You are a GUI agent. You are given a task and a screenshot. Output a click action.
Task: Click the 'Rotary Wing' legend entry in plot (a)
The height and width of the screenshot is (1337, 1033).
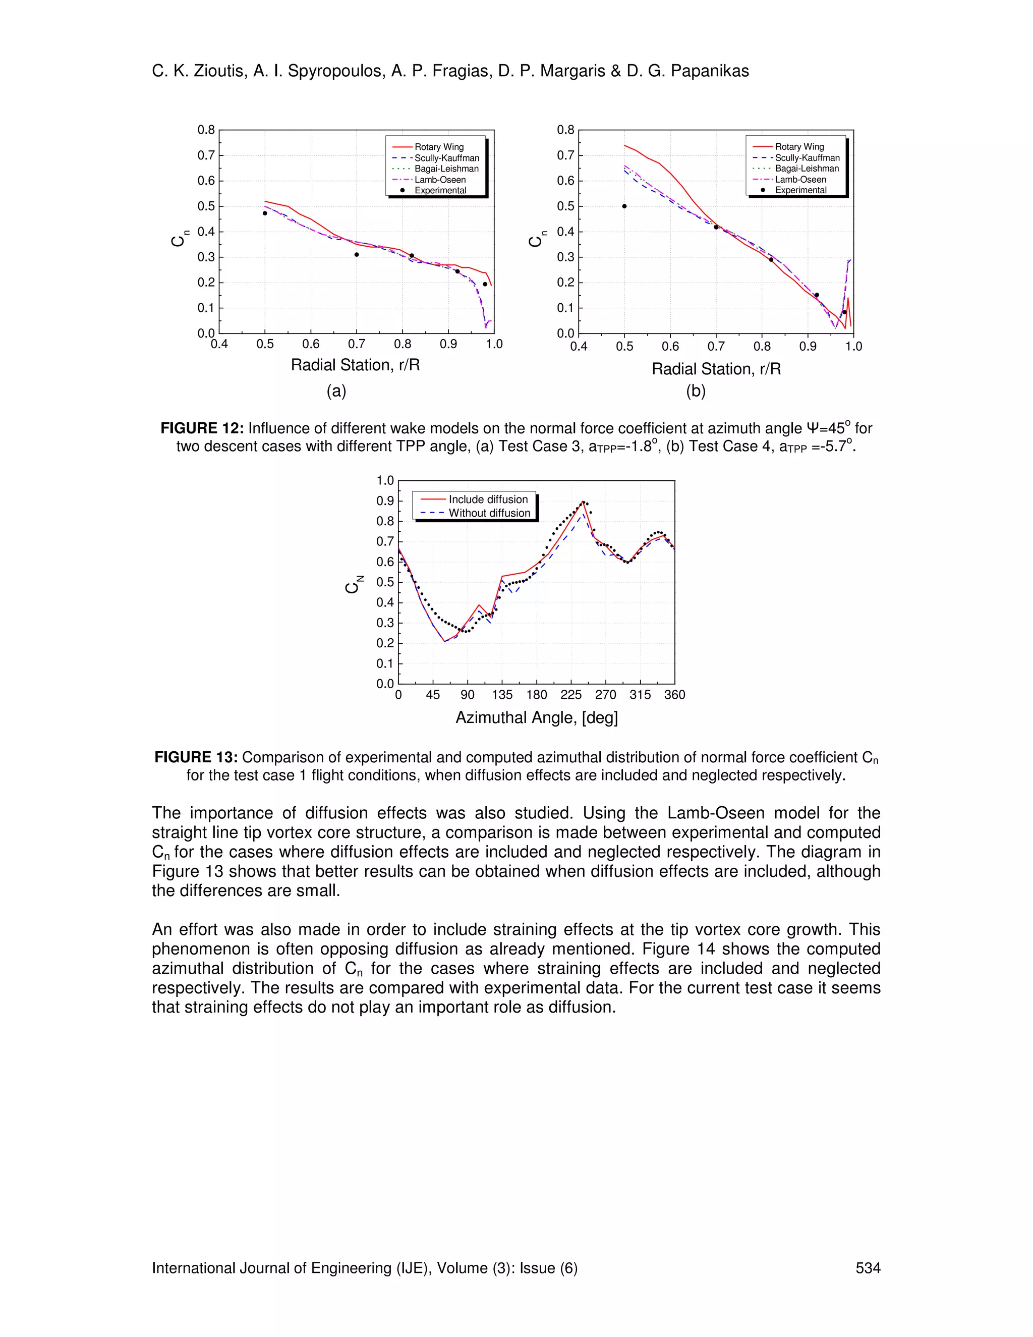click(439, 147)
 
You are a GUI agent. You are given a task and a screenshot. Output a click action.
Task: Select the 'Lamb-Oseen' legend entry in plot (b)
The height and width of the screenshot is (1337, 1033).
click(800, 180)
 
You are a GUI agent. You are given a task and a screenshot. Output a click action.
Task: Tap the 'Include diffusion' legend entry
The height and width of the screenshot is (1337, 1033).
click(488, 499)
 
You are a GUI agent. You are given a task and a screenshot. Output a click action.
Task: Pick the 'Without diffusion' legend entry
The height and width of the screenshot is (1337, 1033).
click(489, 513)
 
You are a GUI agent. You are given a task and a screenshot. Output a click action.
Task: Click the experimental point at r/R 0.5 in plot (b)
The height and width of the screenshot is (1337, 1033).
click(624, 206)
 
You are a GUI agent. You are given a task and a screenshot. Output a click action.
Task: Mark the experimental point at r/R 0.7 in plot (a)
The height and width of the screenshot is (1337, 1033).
click(356, 255)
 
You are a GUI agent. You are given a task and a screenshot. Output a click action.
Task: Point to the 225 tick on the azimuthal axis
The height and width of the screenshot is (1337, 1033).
click(571, 695)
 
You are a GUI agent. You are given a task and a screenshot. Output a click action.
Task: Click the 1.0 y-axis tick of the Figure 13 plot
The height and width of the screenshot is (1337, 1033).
click(385, 480)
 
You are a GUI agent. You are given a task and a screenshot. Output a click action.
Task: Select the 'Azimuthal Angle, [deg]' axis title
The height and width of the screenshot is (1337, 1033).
click(536, 718)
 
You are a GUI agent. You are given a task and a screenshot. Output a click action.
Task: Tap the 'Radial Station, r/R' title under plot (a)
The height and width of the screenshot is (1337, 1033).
click(355, 365)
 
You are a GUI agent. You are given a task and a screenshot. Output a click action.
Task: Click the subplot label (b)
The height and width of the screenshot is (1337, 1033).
click(696, 391)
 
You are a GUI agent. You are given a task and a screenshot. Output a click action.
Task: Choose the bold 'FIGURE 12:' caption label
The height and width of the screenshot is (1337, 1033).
click(202, 428)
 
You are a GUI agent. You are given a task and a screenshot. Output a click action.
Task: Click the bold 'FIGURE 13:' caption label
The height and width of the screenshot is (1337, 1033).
click(196, 757)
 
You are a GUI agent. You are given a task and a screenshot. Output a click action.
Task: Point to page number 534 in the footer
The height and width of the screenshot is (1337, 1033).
click(867, 1268)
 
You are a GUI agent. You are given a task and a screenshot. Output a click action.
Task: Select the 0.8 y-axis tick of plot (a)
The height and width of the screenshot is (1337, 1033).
click(206, 130)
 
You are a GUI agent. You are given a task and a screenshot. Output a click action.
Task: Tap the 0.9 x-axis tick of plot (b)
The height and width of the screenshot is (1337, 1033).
click(808, 347)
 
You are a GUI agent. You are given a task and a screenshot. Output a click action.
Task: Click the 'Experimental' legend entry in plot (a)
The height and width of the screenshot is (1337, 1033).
click(440, 190)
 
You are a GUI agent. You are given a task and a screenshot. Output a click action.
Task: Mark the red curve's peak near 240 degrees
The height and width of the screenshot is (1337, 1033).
click(583, 502)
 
